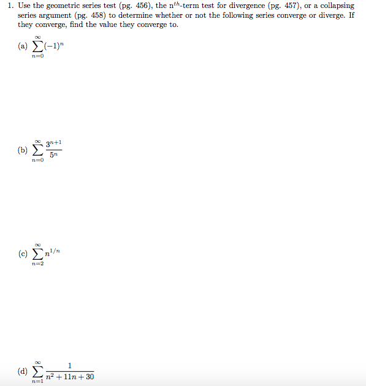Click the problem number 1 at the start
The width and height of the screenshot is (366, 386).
pyautogui.click(x=9, y=6)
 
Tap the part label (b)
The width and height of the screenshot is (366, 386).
pyautogui.click(x=23, y=149)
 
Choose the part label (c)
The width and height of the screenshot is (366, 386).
pyautogui.click(x=23, y=254)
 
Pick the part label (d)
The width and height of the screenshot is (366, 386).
pyautogui.click(x=23, y=371)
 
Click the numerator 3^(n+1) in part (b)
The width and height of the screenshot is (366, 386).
pyautogui.click(x=54, y=143)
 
